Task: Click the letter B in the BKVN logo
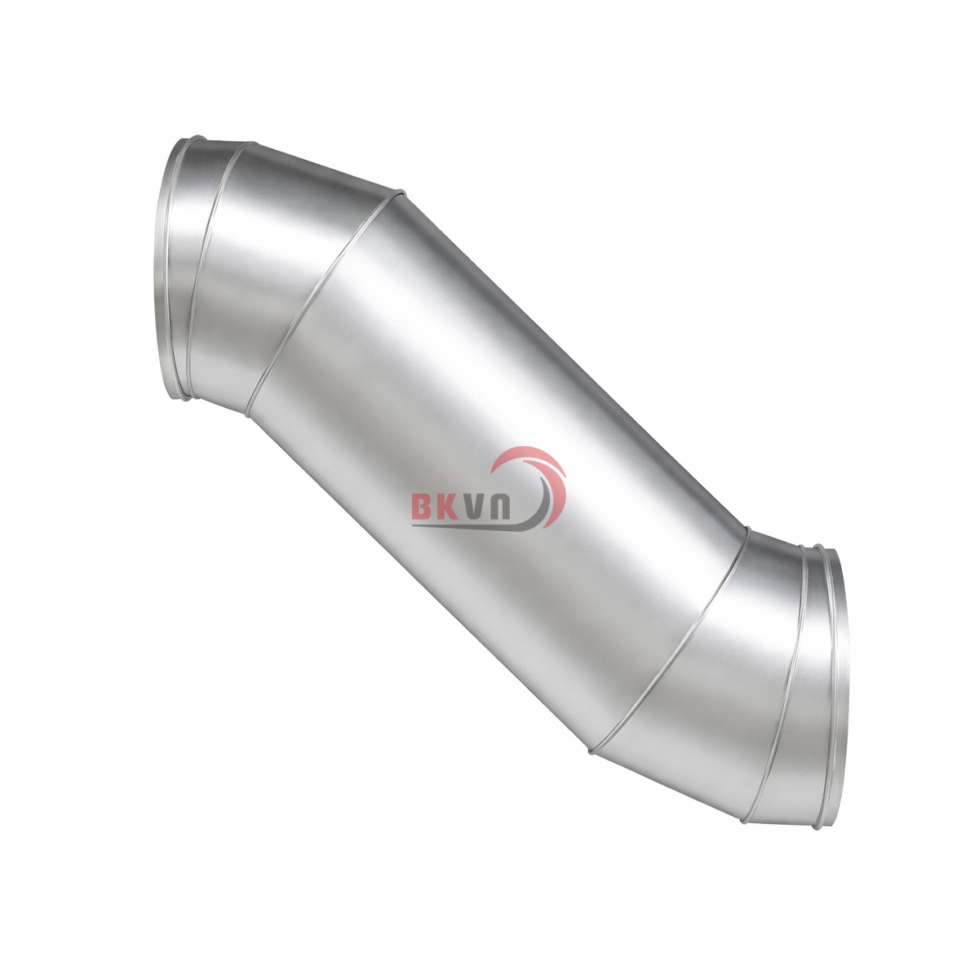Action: point(421,507)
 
